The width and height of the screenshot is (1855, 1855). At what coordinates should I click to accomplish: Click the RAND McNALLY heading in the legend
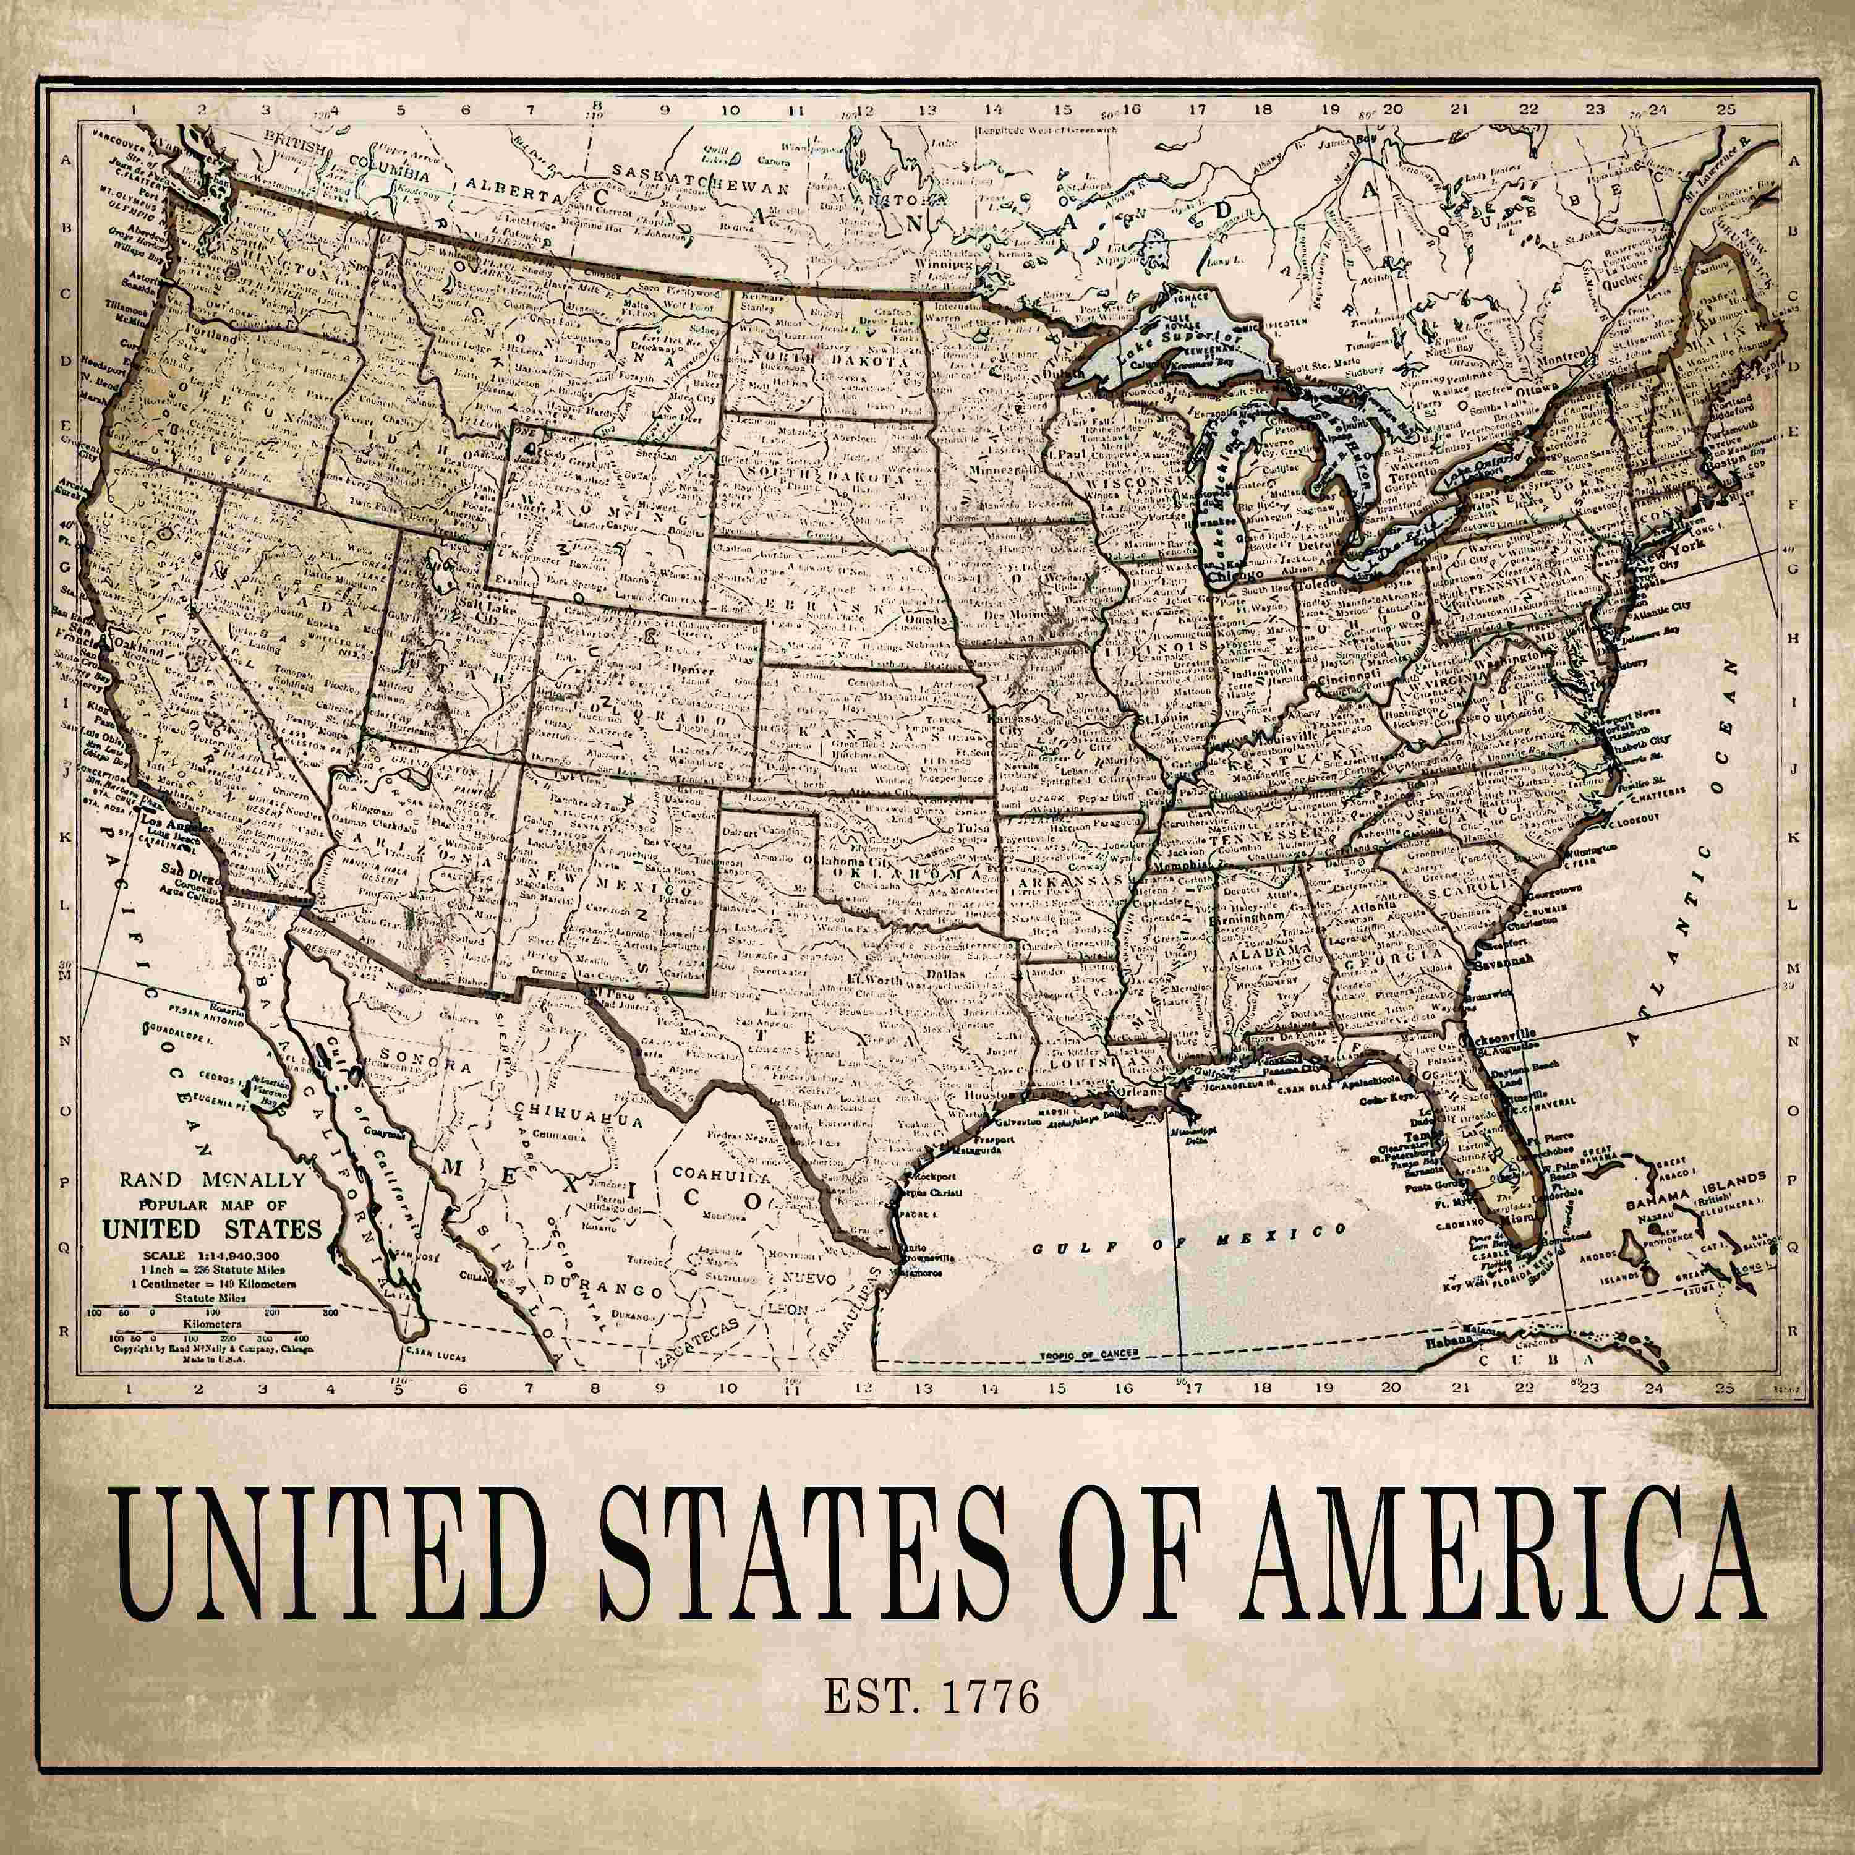coord(212,1180)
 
